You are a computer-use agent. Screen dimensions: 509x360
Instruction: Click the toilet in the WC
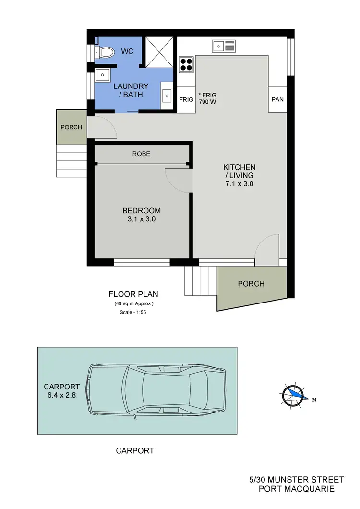(x=105, y=51)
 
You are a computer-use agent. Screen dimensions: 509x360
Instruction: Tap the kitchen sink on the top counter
(x=224, y=46)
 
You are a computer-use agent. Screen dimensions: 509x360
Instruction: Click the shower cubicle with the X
(x=159, y=52)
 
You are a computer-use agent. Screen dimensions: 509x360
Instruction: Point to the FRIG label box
(x=186, y=100)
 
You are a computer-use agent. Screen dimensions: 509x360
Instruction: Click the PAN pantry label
(x=277, y=100)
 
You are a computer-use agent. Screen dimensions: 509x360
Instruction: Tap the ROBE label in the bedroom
(x=141, y=154)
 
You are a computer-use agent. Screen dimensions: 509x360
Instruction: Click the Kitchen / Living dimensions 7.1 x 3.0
(x=239, y=183)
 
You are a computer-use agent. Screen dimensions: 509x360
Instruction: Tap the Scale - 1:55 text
(x=133, y=313)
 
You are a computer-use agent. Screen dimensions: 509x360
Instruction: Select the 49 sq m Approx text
(x=133, y=303)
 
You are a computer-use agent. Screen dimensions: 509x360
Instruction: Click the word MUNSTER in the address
(x=292, y=480)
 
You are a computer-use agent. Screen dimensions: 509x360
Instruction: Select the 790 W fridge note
(x=208, y=102)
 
